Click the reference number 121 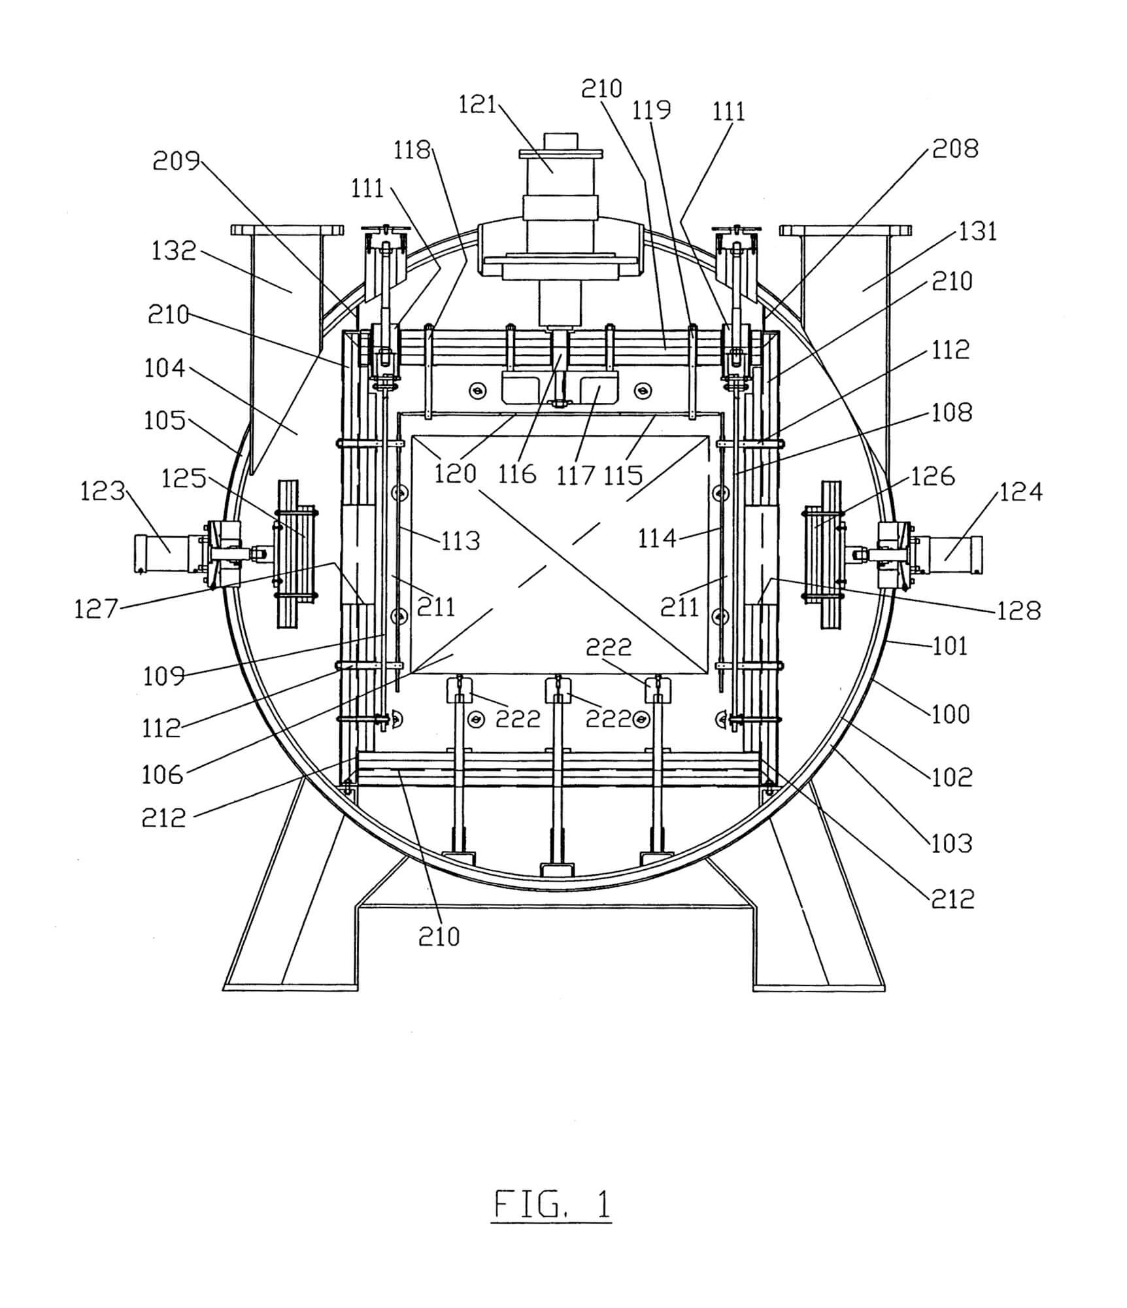coord(478,105)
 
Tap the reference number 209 coord(176,160)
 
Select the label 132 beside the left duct coord(174,250)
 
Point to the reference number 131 coord(977,231)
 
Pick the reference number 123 coord(102,490)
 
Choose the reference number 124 coord(1020,492)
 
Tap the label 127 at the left coord(96,610)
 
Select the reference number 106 coord(163,775)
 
